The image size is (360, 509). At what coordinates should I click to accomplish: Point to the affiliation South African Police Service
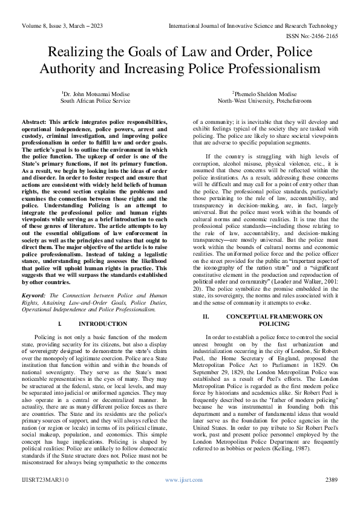coord(95,102)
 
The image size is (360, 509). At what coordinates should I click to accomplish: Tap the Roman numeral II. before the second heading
coord(205,317)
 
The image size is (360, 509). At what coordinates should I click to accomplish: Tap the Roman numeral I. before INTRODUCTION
coord(60,324)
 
